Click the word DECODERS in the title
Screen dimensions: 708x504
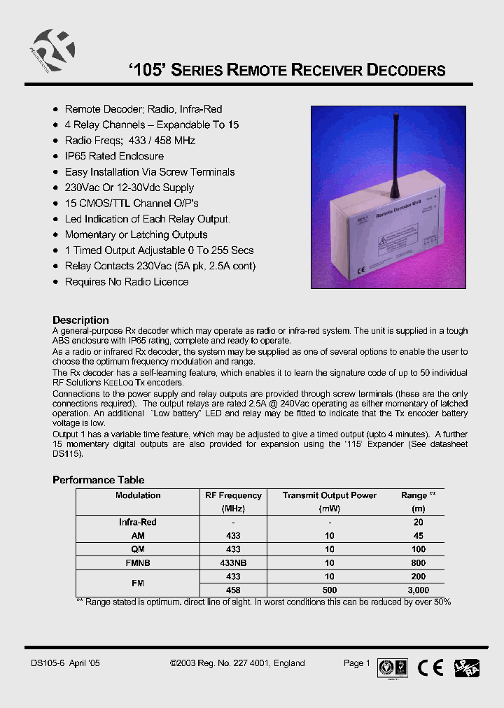point(407,71)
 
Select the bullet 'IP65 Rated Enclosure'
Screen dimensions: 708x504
point(114,156)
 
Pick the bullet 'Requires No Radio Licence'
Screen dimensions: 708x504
point(126,282)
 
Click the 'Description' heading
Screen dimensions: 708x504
point(80,320)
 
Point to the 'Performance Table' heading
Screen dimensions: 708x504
point(99,480)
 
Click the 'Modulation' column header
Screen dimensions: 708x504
point(138,495)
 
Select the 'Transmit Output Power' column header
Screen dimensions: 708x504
point(329,495)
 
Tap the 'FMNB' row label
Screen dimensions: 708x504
point(138,562)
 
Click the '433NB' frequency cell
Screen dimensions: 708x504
point(233,562)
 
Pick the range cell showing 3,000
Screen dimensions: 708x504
point(418,590)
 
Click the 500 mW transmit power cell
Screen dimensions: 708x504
point(329,590)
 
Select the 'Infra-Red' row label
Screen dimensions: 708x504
point(138,522)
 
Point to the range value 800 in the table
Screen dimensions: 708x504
point(418,562)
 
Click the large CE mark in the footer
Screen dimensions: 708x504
point(430,667)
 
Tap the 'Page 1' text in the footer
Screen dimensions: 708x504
point(356,663)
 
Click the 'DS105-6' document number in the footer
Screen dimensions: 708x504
point(47,663)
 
